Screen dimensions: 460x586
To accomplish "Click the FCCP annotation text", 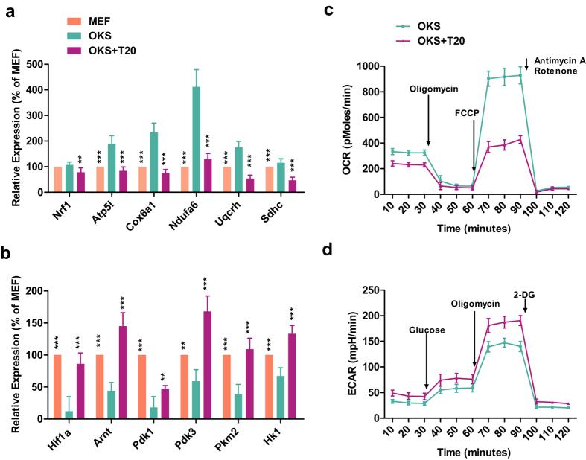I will coord(472,116).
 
